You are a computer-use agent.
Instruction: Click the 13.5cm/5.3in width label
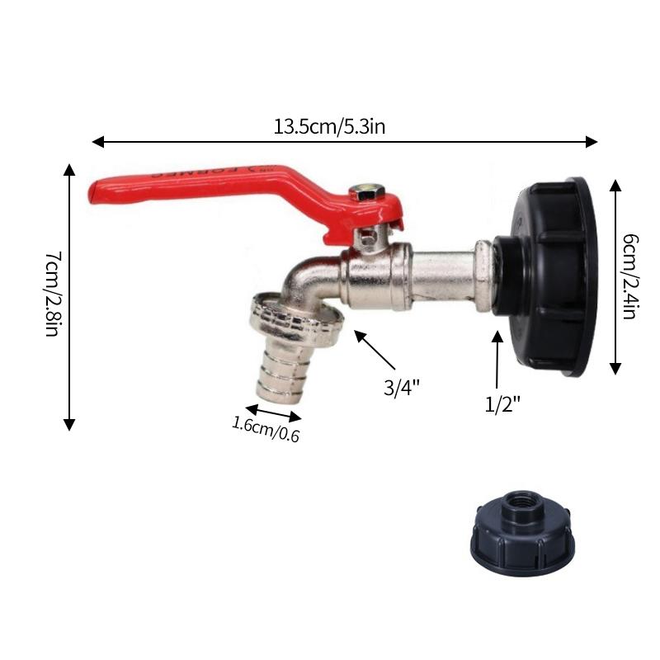(x=330, y=127)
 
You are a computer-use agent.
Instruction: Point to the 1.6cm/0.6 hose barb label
(x=265, y=430)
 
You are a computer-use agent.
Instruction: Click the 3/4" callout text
(x=402, y=388)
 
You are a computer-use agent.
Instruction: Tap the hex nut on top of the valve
(x=367, y=192)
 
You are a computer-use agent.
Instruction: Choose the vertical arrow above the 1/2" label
(x=497, y=359)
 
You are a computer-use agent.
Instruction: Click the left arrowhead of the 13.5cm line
(x=97, y=142)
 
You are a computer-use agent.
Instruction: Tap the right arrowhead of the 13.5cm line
(x=592, y=142)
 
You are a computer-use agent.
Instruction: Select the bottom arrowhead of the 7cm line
(x=69, y=424)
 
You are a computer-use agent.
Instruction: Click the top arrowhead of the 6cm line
(x=615, y=184)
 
